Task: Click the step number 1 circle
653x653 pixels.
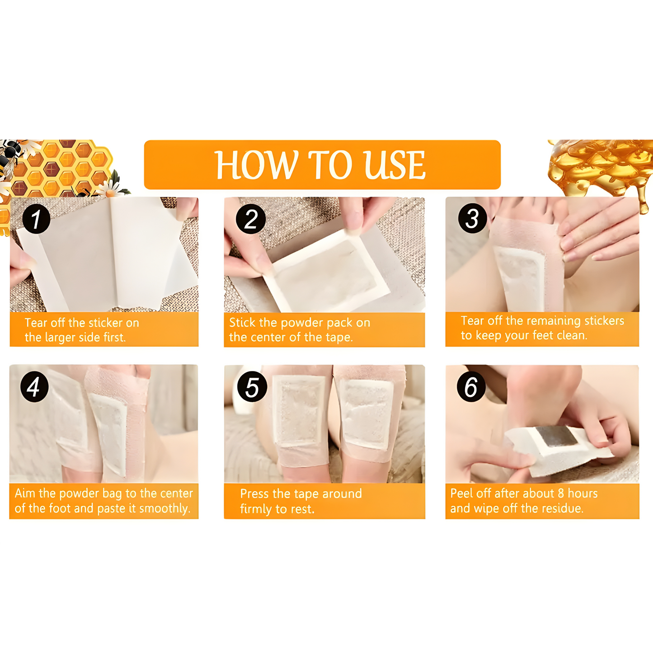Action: pyautogui.click(x=36, y=219)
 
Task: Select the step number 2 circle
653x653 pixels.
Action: pyautogui.click(x=251, y=219)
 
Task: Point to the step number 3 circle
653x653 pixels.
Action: pyautogui.click(x=472, y=219)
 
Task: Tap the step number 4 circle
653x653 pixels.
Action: pyautogui.click(x=34, y=387)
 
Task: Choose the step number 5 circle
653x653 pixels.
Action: pyautogui.click(x=252, y=387)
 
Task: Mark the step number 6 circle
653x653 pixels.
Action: pyautogui.click(x=471, y=387)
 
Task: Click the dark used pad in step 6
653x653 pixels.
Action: pyautogui.click(x=555, y=437)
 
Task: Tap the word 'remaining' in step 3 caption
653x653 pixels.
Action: pyautogui.click(x=554, y=321)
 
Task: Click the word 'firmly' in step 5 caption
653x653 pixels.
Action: pyautogui.click(x=256, y=509)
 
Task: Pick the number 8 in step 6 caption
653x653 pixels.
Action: pyautogui.click(x=561, y=493)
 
